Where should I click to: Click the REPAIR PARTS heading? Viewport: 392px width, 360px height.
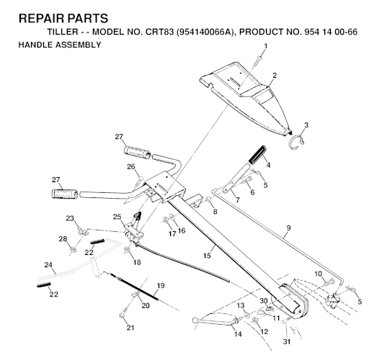(63, 19)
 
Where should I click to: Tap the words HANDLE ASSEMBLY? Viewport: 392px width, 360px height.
(60, 45)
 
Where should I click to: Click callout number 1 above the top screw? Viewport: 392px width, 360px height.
(265, 46)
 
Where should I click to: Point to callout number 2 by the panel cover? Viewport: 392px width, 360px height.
(275, 75)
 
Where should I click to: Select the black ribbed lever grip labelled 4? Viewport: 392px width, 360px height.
(257, 155)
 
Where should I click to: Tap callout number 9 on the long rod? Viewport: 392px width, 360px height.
(289, 228)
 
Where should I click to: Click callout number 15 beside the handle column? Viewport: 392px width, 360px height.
(207, 256)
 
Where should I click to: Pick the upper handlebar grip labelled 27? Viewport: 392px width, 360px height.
(137, 153)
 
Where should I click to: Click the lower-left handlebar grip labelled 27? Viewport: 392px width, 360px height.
(65, 194)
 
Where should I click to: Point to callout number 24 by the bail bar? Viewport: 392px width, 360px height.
(48, 264)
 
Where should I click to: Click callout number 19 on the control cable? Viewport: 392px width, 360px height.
(161, 285)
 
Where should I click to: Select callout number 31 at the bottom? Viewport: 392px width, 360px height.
(287, 341)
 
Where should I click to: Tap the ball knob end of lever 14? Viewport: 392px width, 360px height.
(195, 320)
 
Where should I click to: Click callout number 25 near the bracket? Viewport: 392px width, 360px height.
(117, 217)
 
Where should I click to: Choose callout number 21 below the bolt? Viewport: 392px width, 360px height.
(130, 328)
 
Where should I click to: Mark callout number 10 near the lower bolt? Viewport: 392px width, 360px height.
(318, 274)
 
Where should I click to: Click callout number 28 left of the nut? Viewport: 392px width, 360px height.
(63, 239)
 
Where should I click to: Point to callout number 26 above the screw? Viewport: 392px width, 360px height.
(131, 166)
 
